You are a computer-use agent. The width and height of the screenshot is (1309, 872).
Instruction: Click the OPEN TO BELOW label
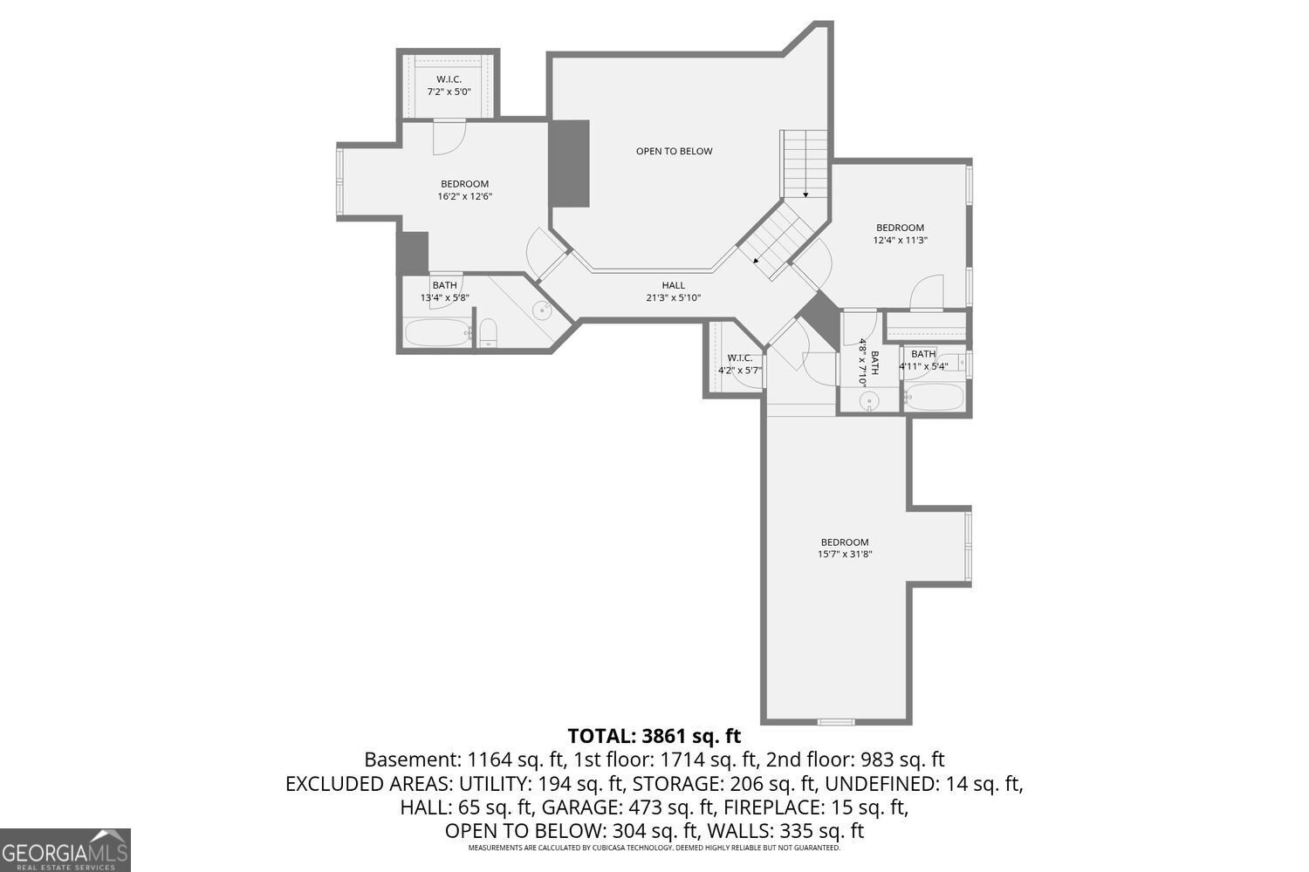(674, 151)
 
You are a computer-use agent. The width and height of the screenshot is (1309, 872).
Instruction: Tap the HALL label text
(673, 285)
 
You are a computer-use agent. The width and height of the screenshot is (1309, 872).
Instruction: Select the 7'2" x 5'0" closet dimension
(449, 92)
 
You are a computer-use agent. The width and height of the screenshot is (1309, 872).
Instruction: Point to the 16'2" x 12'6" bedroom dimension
(464, 196)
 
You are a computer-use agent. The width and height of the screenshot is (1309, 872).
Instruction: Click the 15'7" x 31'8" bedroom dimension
(845, 554)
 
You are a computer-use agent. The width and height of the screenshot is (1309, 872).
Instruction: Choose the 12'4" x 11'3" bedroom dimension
(900, 240)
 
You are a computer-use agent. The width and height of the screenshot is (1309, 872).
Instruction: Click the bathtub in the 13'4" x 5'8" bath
(437, 332)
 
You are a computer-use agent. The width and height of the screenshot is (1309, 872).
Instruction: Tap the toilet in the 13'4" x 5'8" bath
(489, 332)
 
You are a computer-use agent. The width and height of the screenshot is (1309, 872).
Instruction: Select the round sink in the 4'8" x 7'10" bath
(868, 401)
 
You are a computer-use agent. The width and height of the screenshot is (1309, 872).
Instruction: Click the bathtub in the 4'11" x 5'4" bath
(934, 398)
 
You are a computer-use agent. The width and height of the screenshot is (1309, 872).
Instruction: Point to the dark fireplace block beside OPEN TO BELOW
(569, 163)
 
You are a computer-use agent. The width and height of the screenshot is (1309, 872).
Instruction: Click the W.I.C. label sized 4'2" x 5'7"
(740, 358)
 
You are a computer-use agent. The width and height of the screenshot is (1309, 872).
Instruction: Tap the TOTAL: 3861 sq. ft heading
(654, 735)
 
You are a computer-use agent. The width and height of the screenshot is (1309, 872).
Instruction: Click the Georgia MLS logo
(65, 849)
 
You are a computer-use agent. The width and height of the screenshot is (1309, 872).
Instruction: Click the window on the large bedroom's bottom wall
(835, 721)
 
